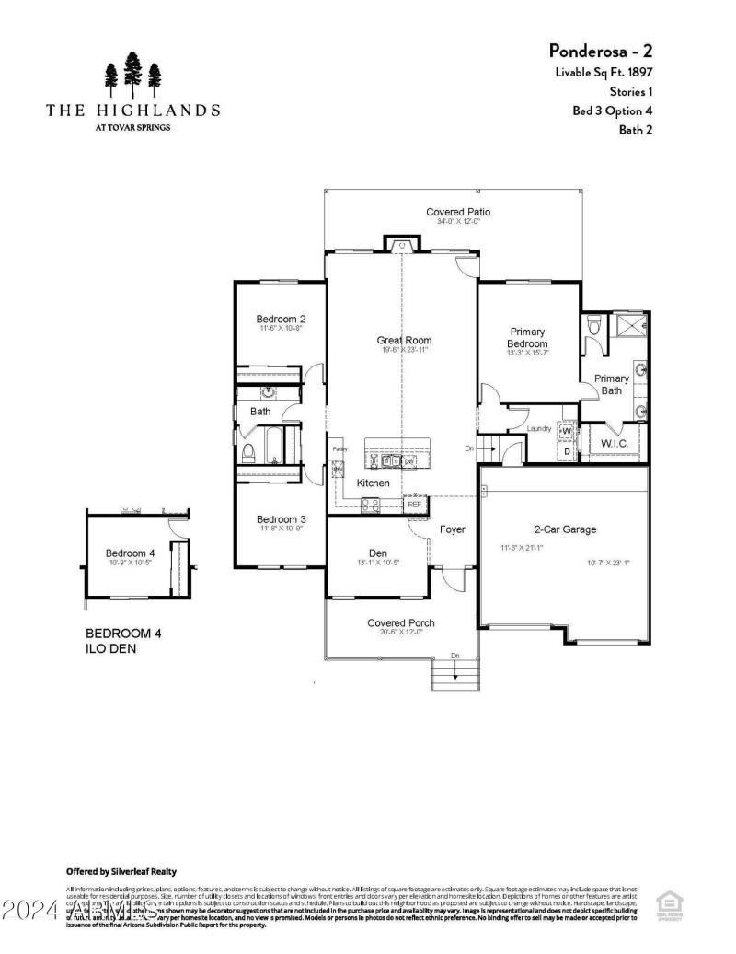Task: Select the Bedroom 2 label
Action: point(280,320)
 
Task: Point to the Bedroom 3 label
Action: point(281,519)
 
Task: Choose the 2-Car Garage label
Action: point(565,529)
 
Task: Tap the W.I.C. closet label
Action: point(615,444)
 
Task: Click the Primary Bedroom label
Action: point(528,338)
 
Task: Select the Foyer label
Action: point(452,529)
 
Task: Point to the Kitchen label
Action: point(374,483)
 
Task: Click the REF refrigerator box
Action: point(415,504)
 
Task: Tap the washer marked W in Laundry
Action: point(567,431)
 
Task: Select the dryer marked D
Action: point(567,452)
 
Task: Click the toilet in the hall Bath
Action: point(247,452)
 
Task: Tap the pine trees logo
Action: point(132,75)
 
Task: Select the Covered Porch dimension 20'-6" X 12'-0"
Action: point(400,632)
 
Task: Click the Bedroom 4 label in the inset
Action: point(130,553)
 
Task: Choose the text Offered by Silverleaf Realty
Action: point(121,871)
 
